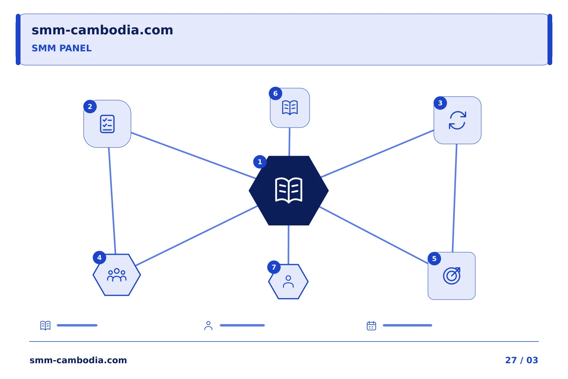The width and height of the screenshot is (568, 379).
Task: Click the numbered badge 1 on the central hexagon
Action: point(260,162)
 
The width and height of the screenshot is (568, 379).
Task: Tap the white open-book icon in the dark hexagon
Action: point(289,190)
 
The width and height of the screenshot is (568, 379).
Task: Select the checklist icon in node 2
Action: point(107,124)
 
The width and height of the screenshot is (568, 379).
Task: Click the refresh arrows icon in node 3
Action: point(458,120)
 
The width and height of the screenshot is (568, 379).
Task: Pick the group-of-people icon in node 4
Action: point(117,275)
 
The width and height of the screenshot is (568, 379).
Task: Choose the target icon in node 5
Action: point(452,276)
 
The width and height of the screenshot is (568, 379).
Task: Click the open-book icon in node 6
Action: point(290,108)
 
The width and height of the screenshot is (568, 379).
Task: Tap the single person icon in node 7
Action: point(288,281)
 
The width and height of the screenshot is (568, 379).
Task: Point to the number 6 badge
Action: point(275,94)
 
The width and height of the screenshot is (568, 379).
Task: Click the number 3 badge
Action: point(440,103)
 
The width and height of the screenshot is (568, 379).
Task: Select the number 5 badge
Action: point(434,259)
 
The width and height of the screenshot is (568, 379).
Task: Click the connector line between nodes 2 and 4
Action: point(112,201)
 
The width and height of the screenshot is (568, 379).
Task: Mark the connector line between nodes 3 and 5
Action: point(455,198)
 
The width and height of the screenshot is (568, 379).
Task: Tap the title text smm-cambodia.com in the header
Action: point(102,30)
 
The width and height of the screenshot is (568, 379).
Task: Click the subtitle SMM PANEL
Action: point(62,48)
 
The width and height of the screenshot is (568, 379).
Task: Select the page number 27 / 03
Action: point(521,360)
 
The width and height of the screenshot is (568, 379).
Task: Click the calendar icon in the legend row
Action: point(371,325)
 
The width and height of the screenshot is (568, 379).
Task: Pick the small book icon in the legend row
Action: point(45,325)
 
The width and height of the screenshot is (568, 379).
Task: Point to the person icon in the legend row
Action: point(208,326)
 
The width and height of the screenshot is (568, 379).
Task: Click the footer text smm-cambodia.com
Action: point(78,360)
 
